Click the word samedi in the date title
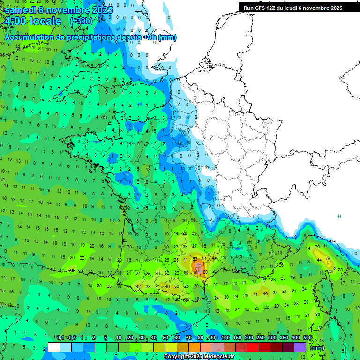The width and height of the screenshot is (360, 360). point(19,10)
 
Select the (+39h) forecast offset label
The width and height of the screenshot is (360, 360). point(81,22)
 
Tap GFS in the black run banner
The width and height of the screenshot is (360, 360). point(261,8)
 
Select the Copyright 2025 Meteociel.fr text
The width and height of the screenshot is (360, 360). point(199,357)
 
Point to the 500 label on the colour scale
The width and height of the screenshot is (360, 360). point(307,338)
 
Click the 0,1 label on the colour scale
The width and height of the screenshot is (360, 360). point(60,338)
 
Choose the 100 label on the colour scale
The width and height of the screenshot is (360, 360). point(225,338)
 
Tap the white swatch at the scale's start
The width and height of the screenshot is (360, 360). point(54,347)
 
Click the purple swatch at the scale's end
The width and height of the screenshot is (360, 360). point(300,347)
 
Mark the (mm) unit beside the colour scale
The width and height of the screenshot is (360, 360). point(317,348)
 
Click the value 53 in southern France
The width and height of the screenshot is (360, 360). point(195,259)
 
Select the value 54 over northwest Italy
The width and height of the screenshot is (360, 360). point(329,259)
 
